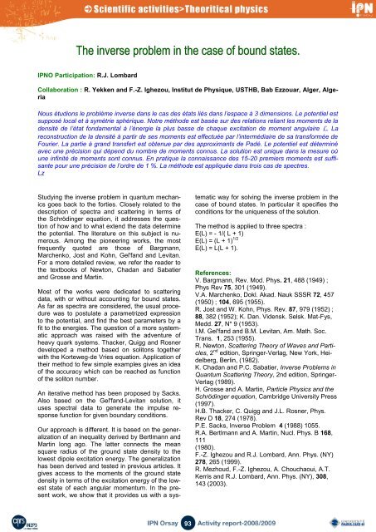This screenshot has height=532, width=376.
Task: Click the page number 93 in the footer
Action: point(188,521)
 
